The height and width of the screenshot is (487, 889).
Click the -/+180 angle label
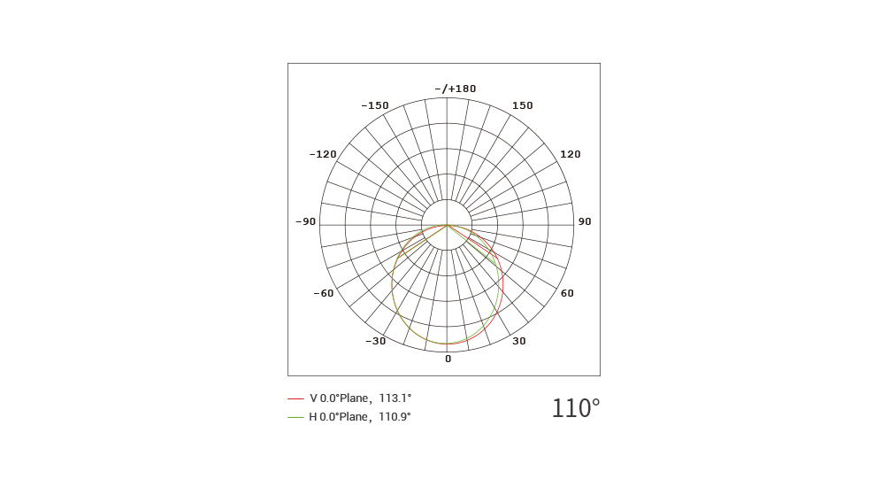tap(456, 89)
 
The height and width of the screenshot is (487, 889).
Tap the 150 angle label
tap(522, 105)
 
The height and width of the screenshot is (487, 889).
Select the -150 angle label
tap(375, 105)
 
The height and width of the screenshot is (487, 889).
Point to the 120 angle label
tap(571, 154)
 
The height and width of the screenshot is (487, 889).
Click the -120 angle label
tap(323, 154)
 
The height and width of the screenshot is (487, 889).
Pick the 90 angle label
tap(585, 221)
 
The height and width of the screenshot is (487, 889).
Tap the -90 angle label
tap(305, 221)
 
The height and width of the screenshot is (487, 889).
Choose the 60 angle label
tap(567, 293)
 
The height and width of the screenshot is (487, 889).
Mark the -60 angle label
tap(323, 293)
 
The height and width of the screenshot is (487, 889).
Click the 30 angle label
tap(518, 341)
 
